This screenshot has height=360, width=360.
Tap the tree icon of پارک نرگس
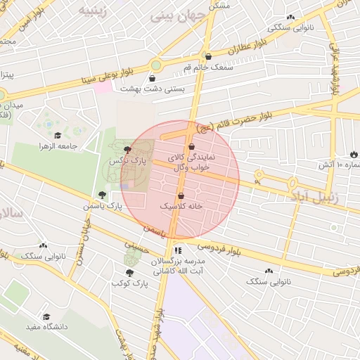coord(127,150)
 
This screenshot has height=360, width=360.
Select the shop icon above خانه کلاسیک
coord(181,195)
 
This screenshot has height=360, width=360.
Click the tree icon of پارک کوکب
coord(129,272)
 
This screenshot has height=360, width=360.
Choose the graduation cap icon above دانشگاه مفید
coord(47,317)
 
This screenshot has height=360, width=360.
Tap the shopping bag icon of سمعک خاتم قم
coord(207,56)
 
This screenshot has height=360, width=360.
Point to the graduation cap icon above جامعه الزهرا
coord(58,136)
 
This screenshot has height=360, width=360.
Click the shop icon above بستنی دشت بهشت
coord(153,78)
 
